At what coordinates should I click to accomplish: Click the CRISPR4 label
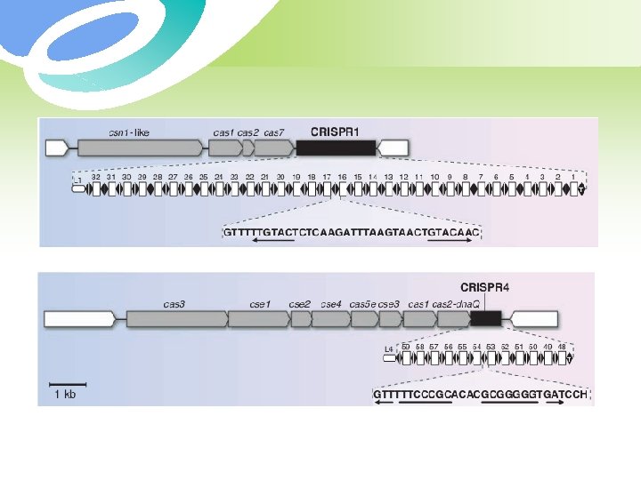click(x=484, y=286)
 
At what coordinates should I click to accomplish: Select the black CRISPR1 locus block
click(x=336, y=148)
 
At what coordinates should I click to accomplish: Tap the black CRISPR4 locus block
click(x=487, y=318)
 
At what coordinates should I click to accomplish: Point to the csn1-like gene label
click(x=129, y=132)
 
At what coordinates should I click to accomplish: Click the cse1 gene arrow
click(x=258, y=318)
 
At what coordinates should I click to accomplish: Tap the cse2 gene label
click(x=300, y=304)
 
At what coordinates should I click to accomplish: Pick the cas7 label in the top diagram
click(x=274, y=132)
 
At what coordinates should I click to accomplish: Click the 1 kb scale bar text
click(x=65, y=394)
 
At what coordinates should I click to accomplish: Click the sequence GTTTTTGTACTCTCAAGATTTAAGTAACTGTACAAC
click(x=353, y=233)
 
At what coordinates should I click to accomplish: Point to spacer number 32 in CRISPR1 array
click(x=96, y=178)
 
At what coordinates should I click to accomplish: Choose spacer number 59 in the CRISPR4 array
click(x=406, y=347)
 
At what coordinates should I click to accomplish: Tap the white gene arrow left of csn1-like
click(x=57, y=148)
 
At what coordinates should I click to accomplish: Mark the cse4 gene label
click(x=331, y=304)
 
